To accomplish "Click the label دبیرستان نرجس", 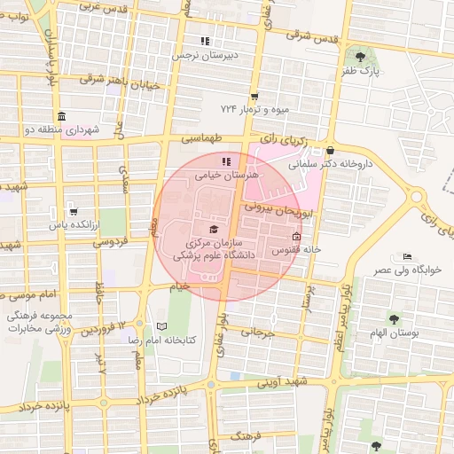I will tap(206, 54).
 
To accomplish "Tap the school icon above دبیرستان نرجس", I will tap(205, 41).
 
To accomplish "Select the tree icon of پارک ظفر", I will tap(359, 59).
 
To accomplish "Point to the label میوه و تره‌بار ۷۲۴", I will tap(255, 108).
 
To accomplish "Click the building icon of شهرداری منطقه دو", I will tap(60, 117).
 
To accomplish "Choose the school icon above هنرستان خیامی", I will tap(226, 161).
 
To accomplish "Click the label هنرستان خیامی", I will tap(226, 176).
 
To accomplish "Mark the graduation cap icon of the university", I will tap(213, 230).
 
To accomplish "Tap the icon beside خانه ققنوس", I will tap(295, 238).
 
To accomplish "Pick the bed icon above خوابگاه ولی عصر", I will tap(407, 255).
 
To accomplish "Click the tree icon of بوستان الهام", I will tap(394, 318).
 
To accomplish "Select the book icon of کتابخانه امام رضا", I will tap(161, 326).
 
